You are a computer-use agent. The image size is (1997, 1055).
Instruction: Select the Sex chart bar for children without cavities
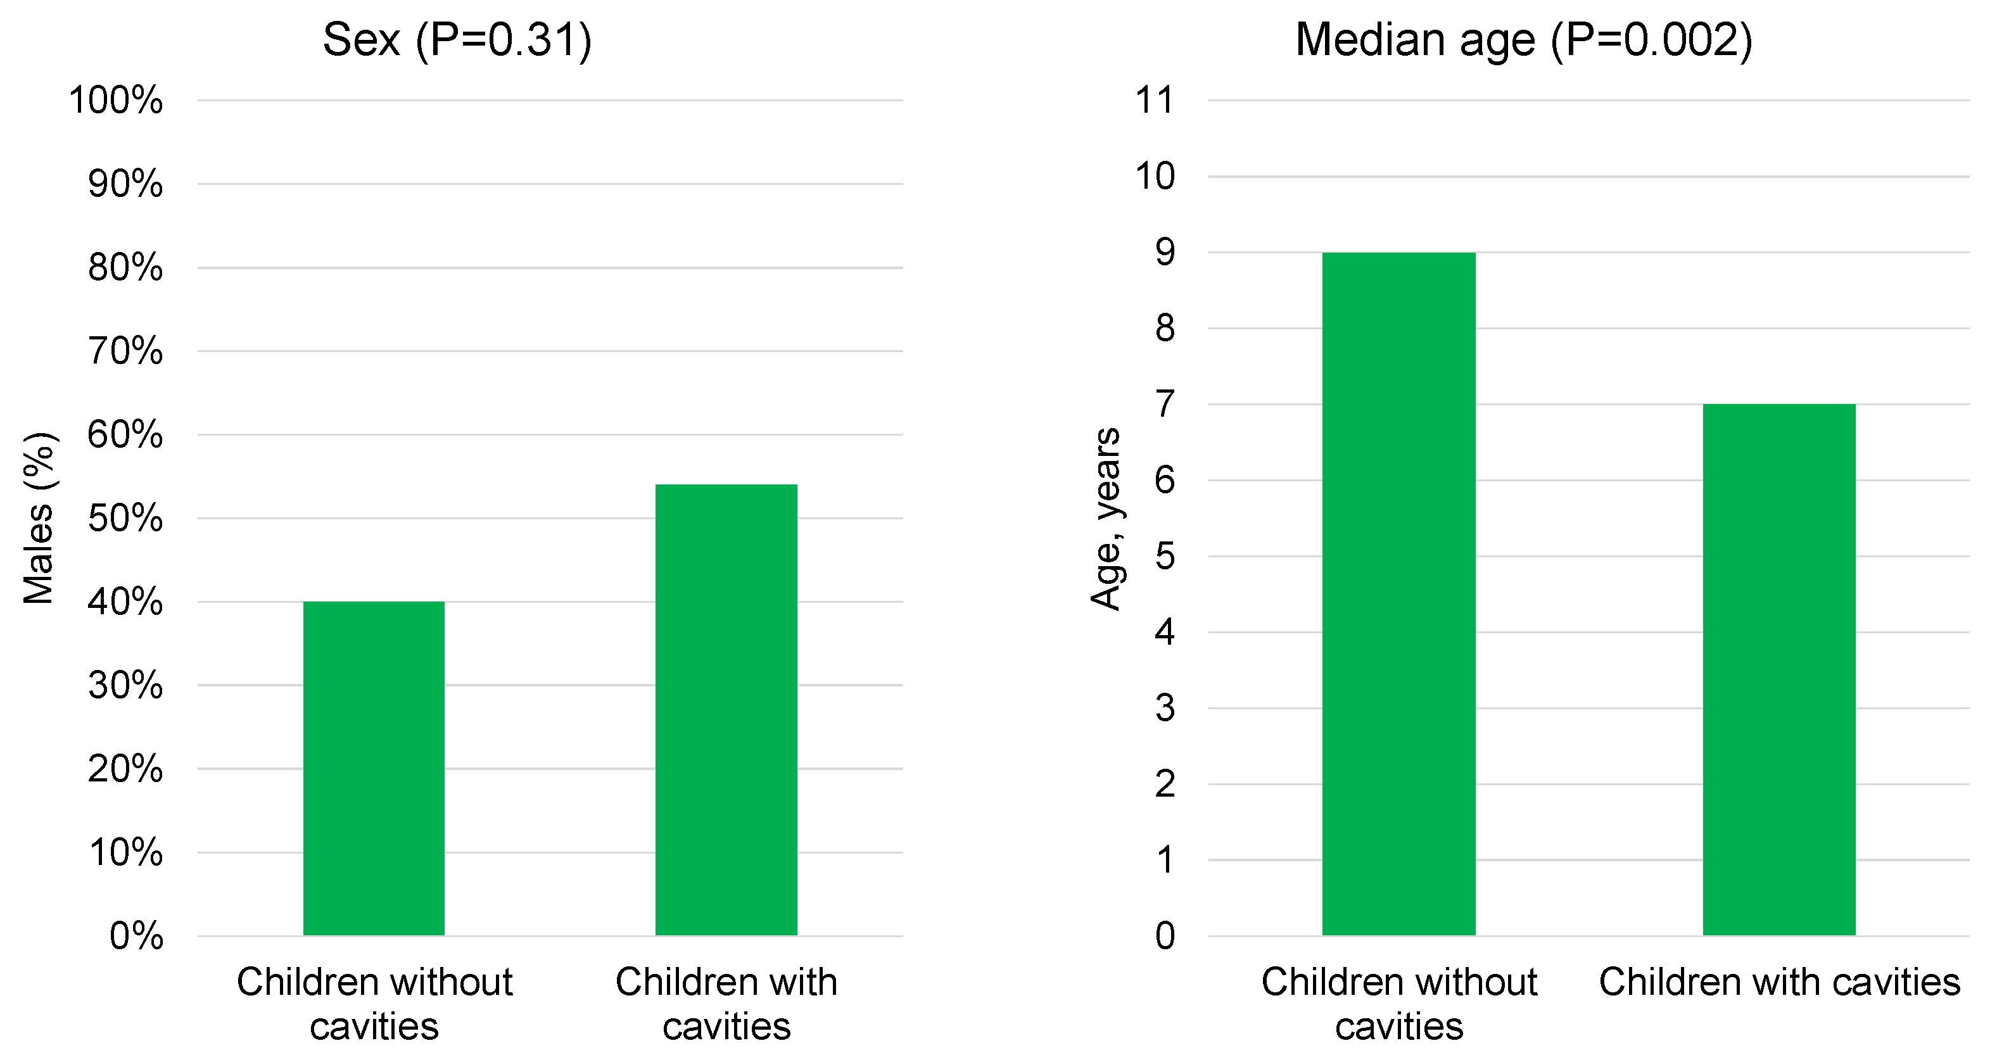tap(374, 768)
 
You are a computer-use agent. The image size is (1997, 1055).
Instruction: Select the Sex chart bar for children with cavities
tap(726, 709)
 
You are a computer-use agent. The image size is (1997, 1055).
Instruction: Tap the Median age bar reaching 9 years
tap(1398, 593)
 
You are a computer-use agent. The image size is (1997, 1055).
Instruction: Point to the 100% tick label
tap(117, 101)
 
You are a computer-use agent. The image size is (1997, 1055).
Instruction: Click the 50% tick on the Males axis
tap(125, 519)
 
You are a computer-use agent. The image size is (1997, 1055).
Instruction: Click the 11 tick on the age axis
tap(1155, 101)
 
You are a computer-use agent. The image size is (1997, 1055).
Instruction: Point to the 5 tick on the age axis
tap(1164, 557)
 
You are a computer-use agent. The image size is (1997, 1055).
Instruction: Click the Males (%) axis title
tap(39, 518)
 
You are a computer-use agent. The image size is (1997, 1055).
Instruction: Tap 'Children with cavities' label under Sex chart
tap(726, 1004)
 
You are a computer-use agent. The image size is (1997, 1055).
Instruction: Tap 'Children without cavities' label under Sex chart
tap(374, 1004)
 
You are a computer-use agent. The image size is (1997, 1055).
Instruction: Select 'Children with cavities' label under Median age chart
tap(1778, 982)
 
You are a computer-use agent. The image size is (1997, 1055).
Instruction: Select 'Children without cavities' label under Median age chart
tap(1398, 1004)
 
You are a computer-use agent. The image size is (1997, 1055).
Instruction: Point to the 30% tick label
tap(125, 686)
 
